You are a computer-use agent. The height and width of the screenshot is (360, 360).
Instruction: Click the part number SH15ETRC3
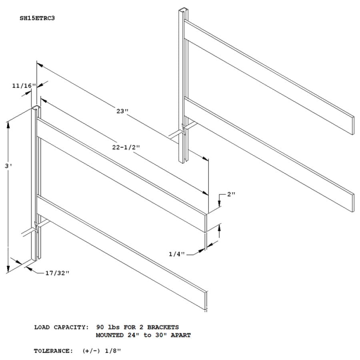37,18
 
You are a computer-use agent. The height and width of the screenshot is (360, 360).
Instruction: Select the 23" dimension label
122,111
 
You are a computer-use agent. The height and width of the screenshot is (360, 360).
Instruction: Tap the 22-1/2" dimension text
126,147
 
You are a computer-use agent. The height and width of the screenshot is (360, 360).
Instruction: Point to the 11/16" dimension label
24,86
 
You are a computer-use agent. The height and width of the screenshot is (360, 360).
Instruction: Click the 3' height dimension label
8,166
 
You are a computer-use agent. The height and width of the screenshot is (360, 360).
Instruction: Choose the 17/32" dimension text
57,273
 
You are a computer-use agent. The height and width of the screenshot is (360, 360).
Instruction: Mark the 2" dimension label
231,194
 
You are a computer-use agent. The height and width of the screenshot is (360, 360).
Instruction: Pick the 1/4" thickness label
176,254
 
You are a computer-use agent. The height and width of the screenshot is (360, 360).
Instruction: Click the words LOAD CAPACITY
61,327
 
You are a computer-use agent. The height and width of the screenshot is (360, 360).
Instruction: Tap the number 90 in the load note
100,327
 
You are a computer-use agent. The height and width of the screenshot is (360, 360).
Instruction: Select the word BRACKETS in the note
163,327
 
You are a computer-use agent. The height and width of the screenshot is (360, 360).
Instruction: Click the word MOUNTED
110,335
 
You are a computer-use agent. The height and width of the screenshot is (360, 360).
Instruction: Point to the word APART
181,335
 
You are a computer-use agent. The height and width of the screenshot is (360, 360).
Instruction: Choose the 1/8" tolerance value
113,351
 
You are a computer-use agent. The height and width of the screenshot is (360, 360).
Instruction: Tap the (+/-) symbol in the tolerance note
91,351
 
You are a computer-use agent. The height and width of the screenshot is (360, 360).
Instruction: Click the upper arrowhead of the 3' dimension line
8,125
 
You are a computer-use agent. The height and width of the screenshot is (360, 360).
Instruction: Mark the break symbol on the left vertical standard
36,227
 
